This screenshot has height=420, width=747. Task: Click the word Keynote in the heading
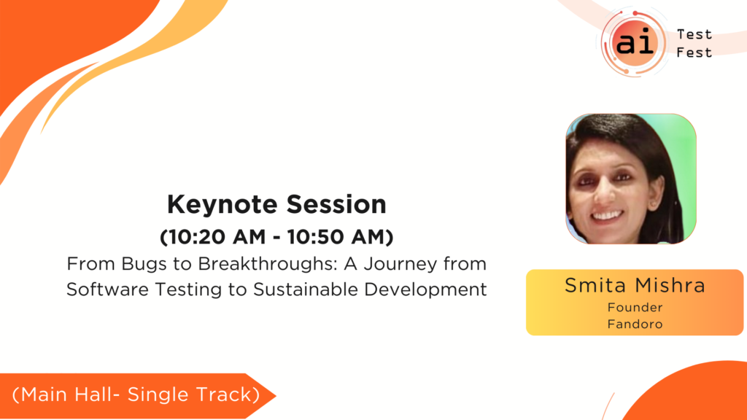[222, 205]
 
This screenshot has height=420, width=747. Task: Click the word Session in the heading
[336, 204]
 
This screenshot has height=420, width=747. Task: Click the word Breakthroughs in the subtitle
[268, 263]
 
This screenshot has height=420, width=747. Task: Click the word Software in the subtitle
[108, 289]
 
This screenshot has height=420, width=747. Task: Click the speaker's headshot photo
[631, 179]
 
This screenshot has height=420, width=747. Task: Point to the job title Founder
[635, 308]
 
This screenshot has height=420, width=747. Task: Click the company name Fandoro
[635, 324]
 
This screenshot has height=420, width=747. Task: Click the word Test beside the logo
[694, 35]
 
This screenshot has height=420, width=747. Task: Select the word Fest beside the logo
[694, 52]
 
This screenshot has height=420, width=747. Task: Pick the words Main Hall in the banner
[67, 394]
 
